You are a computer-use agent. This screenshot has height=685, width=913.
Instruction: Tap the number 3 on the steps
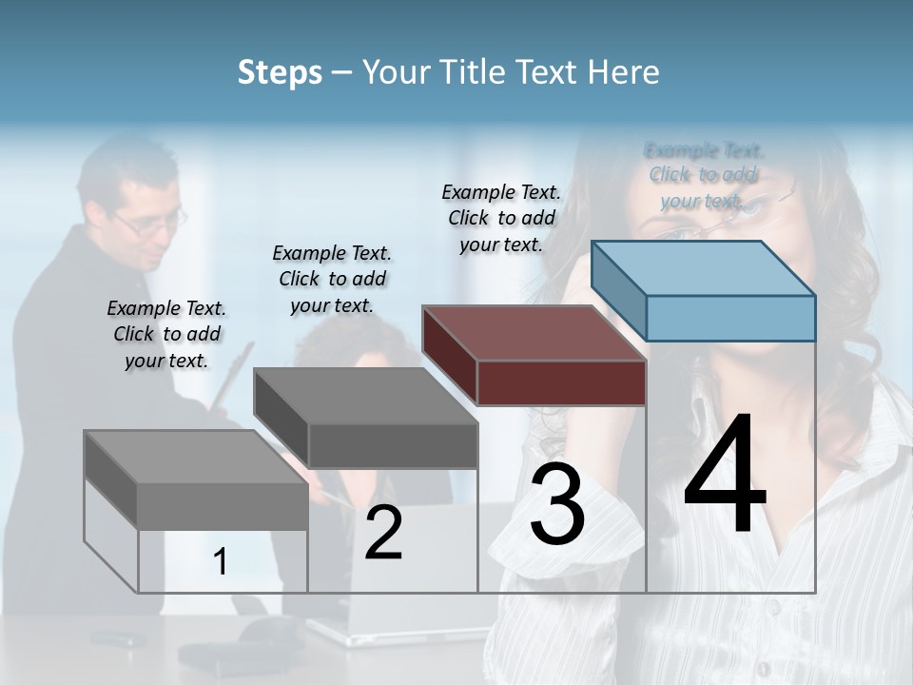[x=557, y=504]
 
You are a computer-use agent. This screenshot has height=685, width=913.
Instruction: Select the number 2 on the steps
[x=383, y=533]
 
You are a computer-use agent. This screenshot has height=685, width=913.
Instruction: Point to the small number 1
[x=221, y=562]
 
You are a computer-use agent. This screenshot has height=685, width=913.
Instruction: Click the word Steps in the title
[x=280, y=72]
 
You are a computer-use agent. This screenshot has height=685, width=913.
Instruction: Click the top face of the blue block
[x=704, y=268]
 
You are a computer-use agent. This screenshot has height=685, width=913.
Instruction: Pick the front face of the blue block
[x=730, y=318]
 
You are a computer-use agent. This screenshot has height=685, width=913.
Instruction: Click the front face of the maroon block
[x=561, y=383]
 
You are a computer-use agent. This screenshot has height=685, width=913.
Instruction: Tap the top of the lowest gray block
[x=196, y=457]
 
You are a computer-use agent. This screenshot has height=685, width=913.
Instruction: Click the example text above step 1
[x=166, y=334]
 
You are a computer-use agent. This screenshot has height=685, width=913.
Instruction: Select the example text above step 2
[x=332, y=279]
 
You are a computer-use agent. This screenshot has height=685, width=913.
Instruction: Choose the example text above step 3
[x=501, y=218]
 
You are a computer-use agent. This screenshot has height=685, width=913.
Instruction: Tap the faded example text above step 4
[x=703, y=175]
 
